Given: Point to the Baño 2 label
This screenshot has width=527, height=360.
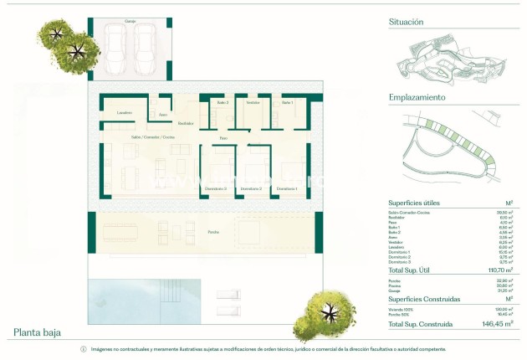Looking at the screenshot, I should (222, 101).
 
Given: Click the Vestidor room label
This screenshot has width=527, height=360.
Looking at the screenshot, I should (252, 101).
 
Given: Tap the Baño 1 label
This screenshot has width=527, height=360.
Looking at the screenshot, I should (287, 101).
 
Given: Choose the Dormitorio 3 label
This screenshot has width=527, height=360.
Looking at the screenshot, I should (216, 189).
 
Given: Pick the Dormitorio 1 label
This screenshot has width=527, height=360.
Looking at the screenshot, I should (287, 189).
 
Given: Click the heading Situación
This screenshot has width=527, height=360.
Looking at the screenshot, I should (406, 22).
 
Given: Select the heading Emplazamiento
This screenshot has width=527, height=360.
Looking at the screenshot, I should (417, 97).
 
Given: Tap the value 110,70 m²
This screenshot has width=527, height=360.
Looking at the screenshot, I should (498, 271).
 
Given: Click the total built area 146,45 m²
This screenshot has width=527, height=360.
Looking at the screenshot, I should (496, 323).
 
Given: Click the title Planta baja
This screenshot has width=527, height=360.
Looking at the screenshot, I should (38, 332).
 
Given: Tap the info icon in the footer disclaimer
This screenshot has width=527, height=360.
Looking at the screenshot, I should (83, 349).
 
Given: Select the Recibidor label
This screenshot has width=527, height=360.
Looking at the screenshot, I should (174, 123).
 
